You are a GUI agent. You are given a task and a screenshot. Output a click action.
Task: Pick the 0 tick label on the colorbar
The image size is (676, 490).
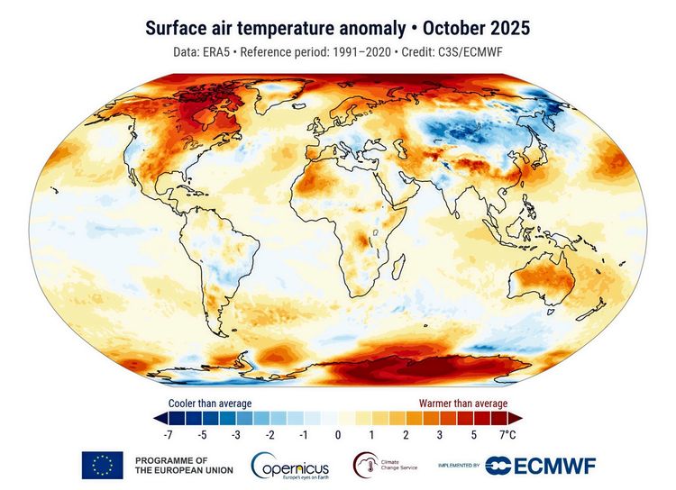click(337, 435)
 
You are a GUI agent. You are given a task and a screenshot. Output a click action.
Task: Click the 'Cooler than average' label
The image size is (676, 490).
click(210, 403)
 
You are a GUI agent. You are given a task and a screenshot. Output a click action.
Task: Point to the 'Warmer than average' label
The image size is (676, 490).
click(461, 403)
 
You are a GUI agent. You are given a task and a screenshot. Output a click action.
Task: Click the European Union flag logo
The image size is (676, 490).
click(102, 465)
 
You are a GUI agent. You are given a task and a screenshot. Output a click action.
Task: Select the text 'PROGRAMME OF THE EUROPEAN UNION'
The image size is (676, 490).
click(183, 465)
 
